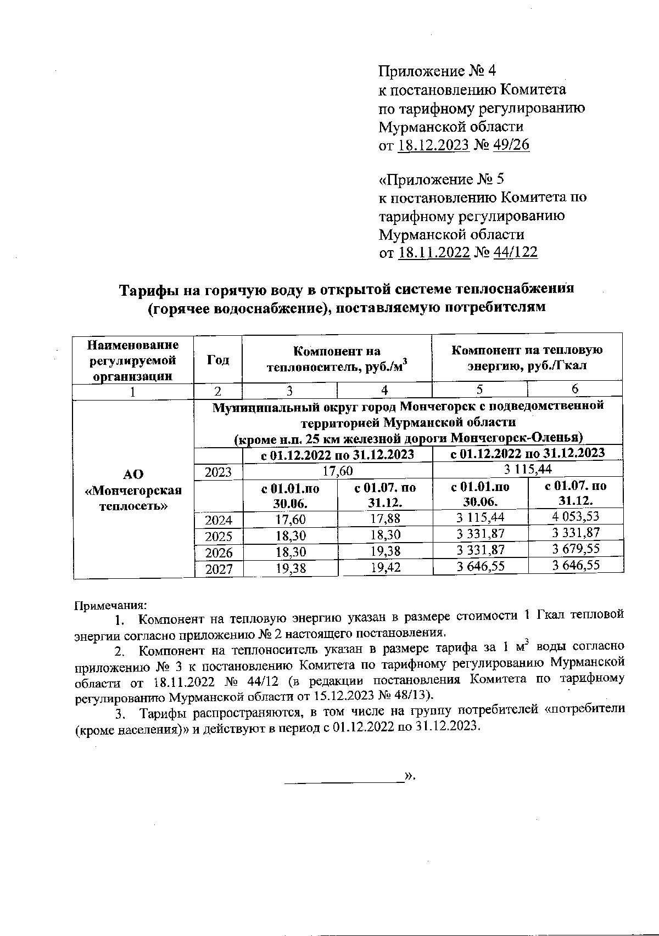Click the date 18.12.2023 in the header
coord(433,145)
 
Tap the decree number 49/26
coord(511,145)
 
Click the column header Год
coord(217,359)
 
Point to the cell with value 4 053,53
coord(576,516)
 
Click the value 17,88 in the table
coord(385,518)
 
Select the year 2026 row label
coord(219,552)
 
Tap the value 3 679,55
coord(576,549)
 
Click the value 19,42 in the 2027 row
coord(385,568)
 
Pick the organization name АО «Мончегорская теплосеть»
coord(133,489)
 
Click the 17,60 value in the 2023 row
coord(337,471)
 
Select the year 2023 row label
coord(219,472)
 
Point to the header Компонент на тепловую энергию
coord(527,358)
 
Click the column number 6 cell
coord(574,390)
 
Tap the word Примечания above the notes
coord(110,606)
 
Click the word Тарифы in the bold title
coord(147,290)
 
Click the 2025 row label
coord(219,536)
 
